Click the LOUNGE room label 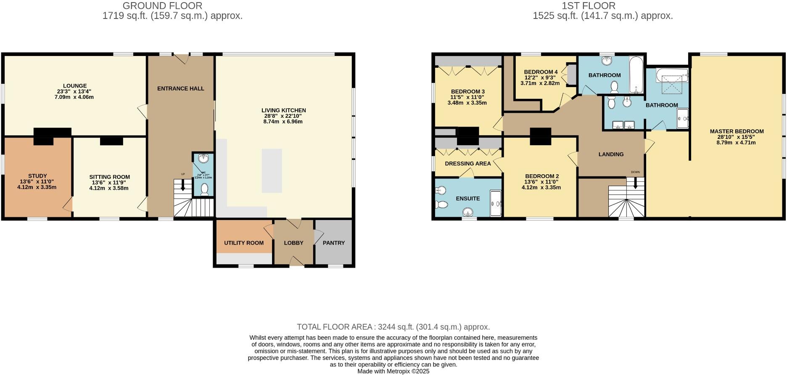click(75, 86)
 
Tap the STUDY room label click(37, 176)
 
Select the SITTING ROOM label click(109, 177)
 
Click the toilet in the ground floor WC click(205, 189)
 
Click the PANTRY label click(333, 243)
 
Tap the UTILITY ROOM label click(244, 243)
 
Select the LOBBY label click(293, 243)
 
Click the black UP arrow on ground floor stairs click(182, 186)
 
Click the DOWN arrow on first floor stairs click(635, 183)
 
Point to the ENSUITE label click(468, 199)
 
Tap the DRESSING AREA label click(467, 164)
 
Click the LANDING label click(611, 154)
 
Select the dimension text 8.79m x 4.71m click(736, 143)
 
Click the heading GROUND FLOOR click(162, 6)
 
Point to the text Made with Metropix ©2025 click(393, 371)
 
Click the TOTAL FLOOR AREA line click(393, 327)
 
